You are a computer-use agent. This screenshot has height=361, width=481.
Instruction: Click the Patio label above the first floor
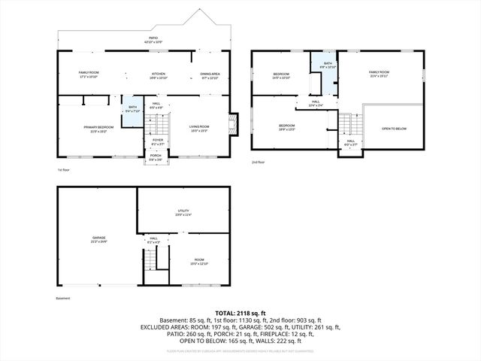pos(153,38)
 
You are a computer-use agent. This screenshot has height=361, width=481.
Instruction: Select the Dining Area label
pos(210,74)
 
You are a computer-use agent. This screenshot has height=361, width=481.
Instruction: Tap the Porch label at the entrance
pos(156,157)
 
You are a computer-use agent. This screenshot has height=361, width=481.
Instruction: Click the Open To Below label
pos(394,129)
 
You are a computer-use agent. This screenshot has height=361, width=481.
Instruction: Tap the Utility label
pos(183,213)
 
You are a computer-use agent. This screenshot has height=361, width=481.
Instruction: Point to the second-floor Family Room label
pos(380,74)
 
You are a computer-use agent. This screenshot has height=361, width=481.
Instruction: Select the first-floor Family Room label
pos(89,74)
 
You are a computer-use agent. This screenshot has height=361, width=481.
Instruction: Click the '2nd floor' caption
pos(259,162)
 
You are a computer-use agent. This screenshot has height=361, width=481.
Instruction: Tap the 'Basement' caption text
pos(62,298)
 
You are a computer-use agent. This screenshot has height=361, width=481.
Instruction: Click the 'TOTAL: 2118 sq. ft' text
pos(240,313)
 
